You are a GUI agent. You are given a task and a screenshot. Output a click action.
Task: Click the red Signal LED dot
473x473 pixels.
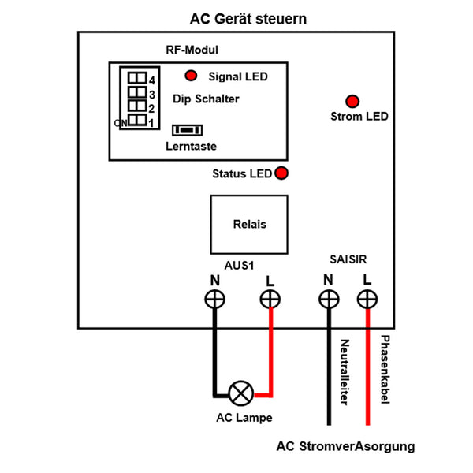[x=191, y=76]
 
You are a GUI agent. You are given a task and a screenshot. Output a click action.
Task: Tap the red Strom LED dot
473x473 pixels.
[x=352, y=101]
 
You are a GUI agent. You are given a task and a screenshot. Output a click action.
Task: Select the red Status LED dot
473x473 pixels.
[x=281, y=173]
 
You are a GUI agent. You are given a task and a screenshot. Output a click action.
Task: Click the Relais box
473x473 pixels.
[x=249, y=224]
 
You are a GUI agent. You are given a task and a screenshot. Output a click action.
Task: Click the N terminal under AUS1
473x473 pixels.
[x=214, y=299]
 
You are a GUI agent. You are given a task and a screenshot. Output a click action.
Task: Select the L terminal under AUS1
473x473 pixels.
[x=270, y=299]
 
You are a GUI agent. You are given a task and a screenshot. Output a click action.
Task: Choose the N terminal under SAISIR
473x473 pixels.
[x=328, y=299]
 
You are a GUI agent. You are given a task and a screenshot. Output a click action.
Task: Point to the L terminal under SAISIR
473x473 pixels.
[x=367, y=299]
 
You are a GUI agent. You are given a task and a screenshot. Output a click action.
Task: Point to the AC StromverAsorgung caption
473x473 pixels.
[x=345, y=446]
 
